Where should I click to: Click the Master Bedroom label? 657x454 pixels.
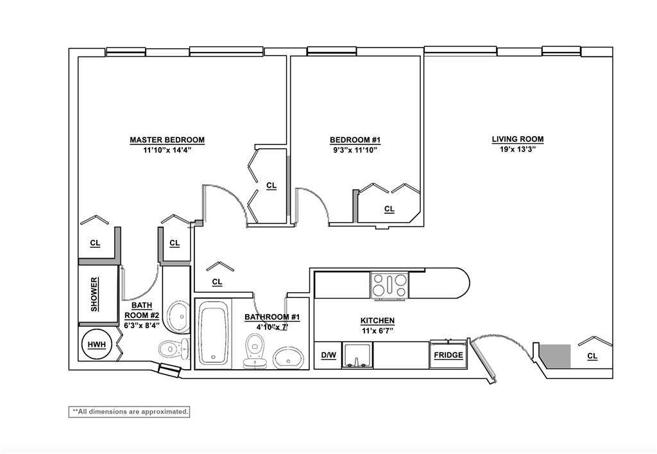click(167, 140)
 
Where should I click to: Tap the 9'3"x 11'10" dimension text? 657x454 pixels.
click(355, 150)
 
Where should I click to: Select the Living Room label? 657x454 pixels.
click(518, 139)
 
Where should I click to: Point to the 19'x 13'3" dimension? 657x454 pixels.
click(518, 149)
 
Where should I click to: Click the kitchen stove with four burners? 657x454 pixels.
click(389, 286)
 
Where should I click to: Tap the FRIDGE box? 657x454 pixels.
click(448, 354)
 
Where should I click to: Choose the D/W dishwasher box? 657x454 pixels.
click(328, 356)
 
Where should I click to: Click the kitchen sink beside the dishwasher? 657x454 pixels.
click(357, 356)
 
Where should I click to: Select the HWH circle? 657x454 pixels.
click(97, 345)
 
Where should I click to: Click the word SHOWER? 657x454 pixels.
click(95, 294)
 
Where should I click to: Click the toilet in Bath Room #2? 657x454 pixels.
click(173, 348)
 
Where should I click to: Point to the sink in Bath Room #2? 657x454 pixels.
click(178, 317)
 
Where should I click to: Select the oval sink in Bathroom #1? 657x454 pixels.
click(288, 358)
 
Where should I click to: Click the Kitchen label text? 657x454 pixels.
click(377, 320)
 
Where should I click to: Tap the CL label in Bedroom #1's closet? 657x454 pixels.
click(389, 209)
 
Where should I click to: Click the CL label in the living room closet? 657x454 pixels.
click(592, 356)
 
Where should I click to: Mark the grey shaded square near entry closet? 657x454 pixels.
click(555, 356)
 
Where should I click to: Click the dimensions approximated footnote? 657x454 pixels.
click(129, 412)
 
